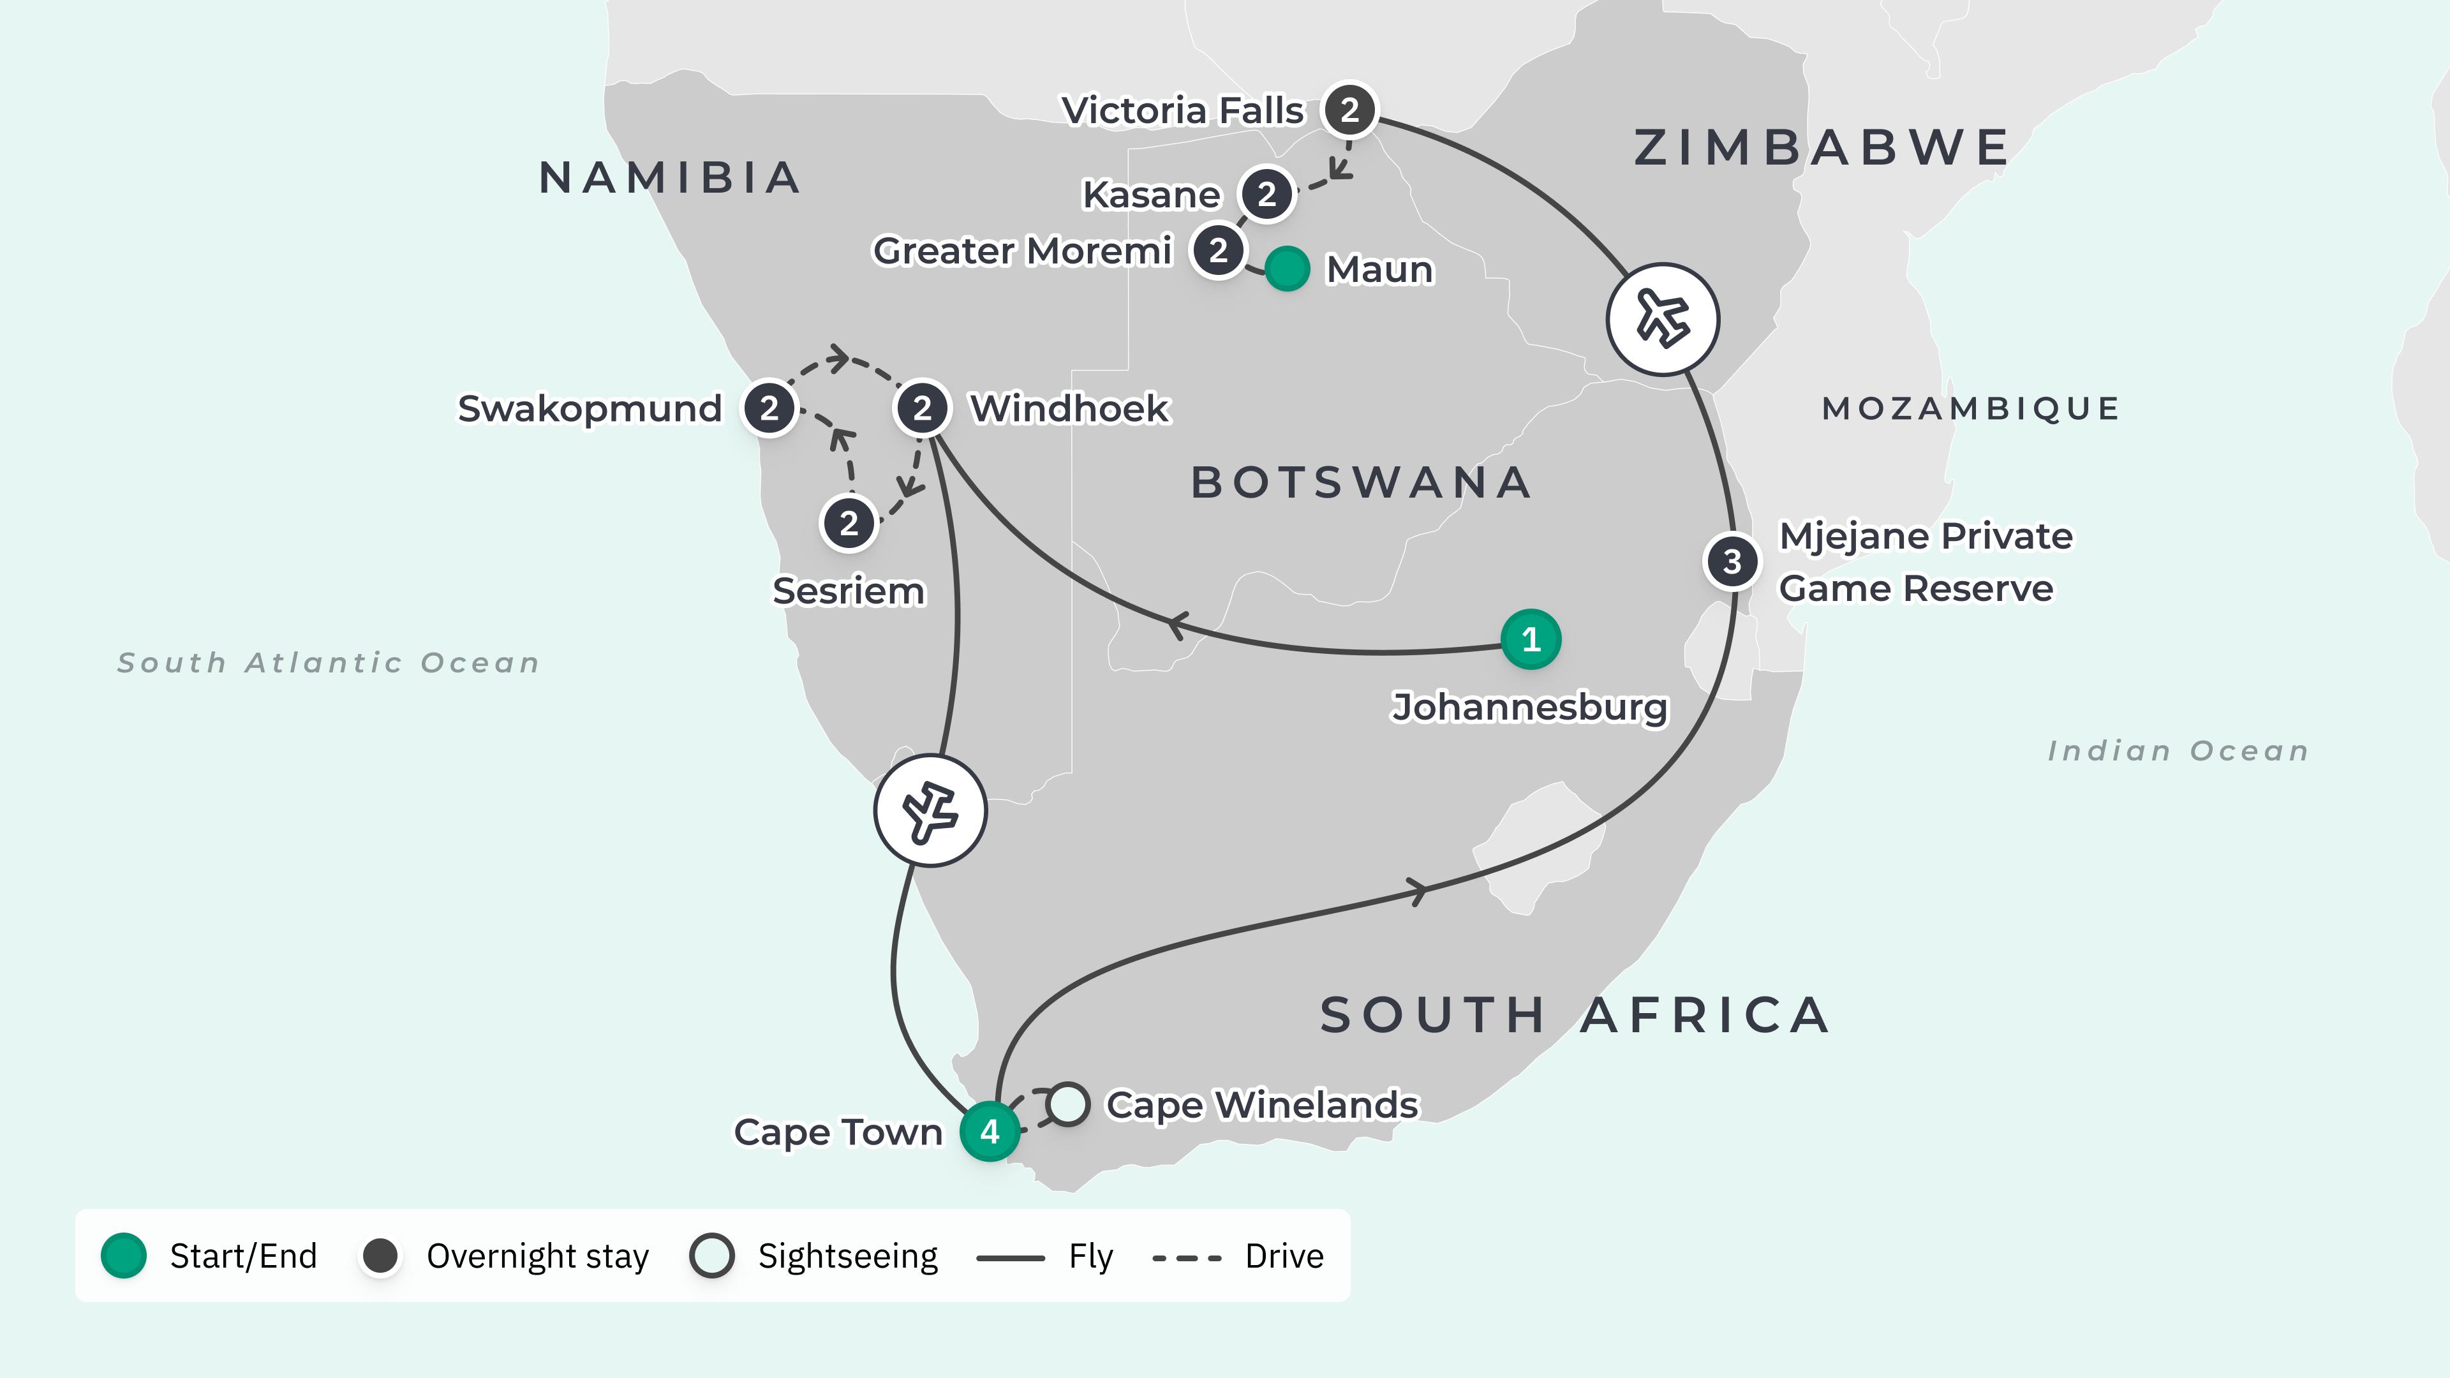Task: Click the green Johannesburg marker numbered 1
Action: click(1531, 639)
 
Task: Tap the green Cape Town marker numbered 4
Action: click(989, 1132)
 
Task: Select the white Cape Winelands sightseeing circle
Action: click(1067, 1104)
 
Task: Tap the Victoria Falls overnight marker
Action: click(1349, 110)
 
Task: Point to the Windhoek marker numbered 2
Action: click(921, 409)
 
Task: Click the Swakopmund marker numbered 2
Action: click(768, 409)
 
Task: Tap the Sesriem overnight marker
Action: click(849, 523)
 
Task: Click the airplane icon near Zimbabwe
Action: click(1663, 318)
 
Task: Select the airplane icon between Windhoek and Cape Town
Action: click(930, 810)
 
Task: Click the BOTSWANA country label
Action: click(1361, 483)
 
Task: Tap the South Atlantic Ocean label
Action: click(328, 663)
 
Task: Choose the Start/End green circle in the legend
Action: click(124, 1256)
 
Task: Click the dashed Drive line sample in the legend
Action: click(1186, 1257)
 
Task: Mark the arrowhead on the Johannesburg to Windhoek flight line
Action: click(1177, 626)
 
